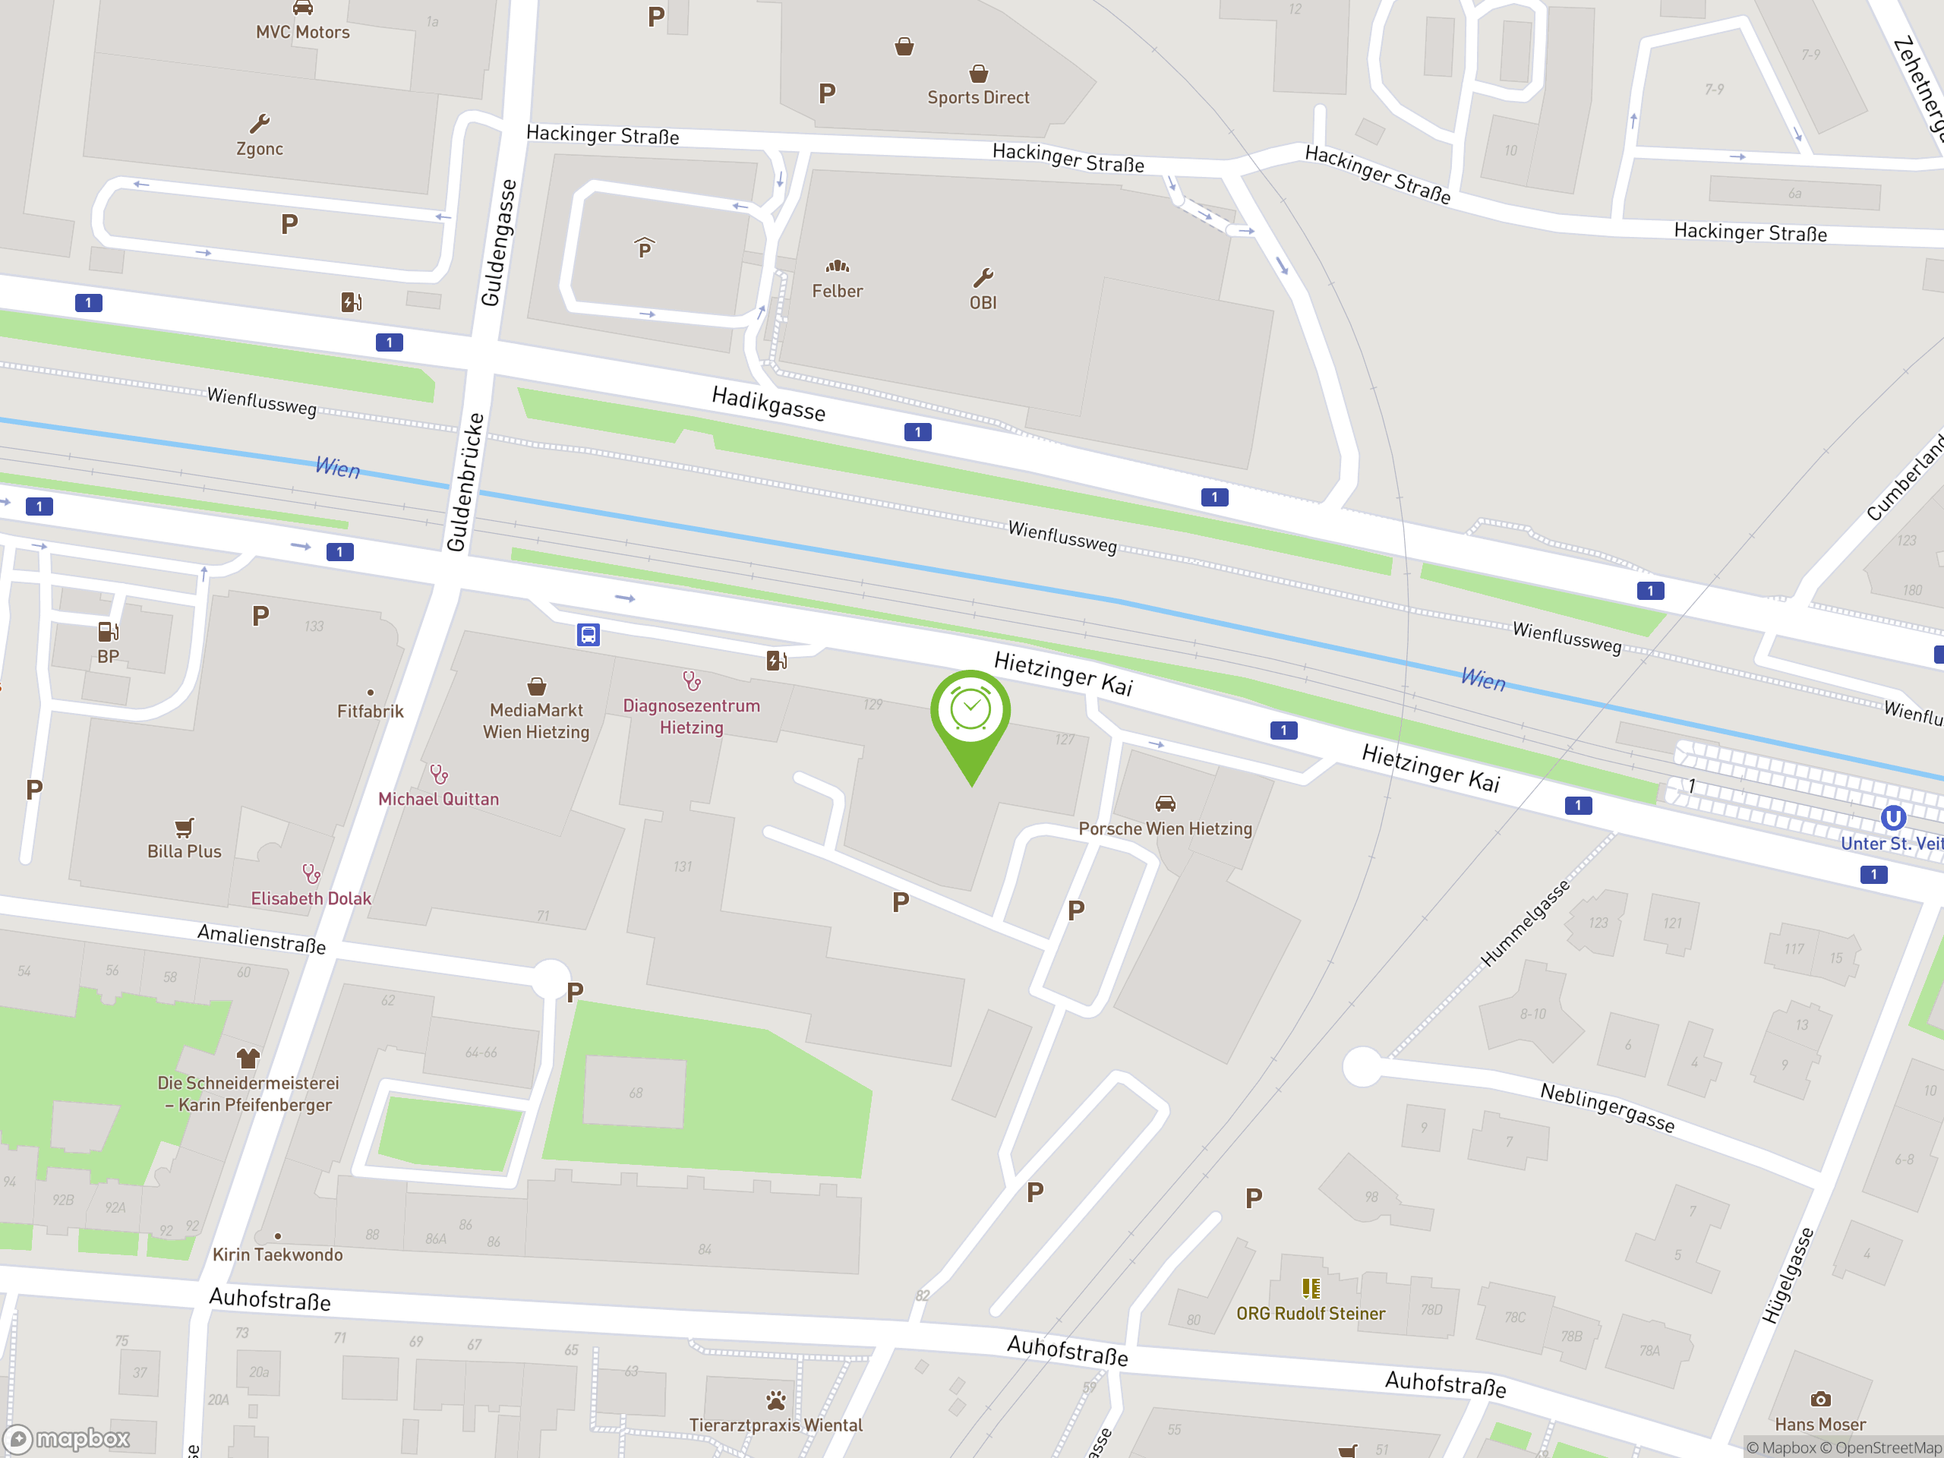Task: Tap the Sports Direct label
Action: click(x=978, y=97)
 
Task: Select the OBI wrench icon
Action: click(x=983, y=279)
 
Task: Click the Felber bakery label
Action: click(x=837, y=291)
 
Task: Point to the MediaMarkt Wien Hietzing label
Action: click(x=536, y=721)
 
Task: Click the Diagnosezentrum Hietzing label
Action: click(x=692, y=716)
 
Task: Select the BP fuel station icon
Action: click(x=108, y=632)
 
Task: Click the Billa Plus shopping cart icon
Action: click(x=184, y=827)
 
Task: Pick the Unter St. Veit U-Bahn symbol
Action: click(x=1893, y=818)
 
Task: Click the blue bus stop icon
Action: click(x=588, y=635)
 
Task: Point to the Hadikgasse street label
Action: click(x=768, y=403)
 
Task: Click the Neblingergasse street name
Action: click(x=1608, y=1107)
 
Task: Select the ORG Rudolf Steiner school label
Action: click(x=1311, y=1313)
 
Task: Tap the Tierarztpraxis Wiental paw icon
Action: click(x=776, y=1400)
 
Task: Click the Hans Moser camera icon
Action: click(x=1820, y=1399)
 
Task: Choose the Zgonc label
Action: click(x=259, y=149)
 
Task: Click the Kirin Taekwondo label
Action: click(x=278, y=1254)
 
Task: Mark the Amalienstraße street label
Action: click(x=261, y=939)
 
